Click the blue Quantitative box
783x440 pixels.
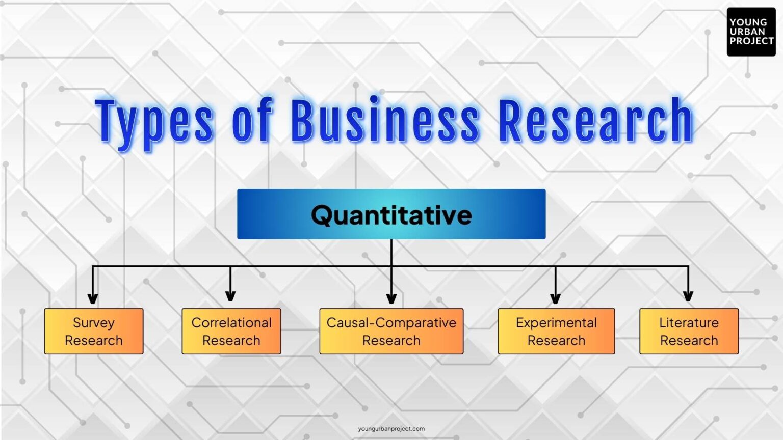(391, 214)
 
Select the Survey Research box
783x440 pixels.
(94, 331)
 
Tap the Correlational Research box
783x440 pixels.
(231, 331)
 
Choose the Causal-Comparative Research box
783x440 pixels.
(391, 331)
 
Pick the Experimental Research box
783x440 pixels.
(556, 331)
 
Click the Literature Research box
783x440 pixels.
(689, 331)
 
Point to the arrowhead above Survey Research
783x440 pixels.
(93, 298)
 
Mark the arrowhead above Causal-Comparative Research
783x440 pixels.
(391, 298)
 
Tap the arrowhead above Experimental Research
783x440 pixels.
(556, 298)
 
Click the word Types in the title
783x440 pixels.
(154, 121)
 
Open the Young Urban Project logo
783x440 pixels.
(751, 32)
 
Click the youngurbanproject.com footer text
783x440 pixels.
(391, 429)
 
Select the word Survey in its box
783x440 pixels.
(94, 323)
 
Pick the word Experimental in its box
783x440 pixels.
(556, 323)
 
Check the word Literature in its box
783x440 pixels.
(689, 323)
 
